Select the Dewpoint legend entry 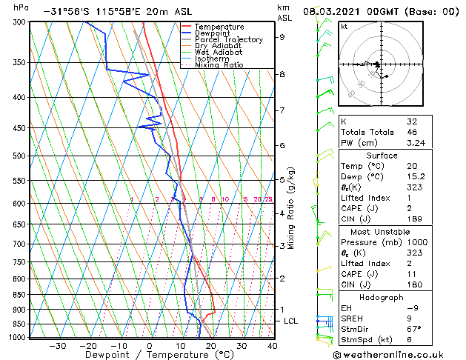[214, 33]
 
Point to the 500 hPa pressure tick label [19, 156]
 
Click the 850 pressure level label [19, 295]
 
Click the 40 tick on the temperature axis [272, 346]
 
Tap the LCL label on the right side [290, 321]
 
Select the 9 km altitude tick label [282, 37]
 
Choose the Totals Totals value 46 [412, 131]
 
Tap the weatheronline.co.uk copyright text [398, 354]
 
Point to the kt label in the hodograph [344, 27]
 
